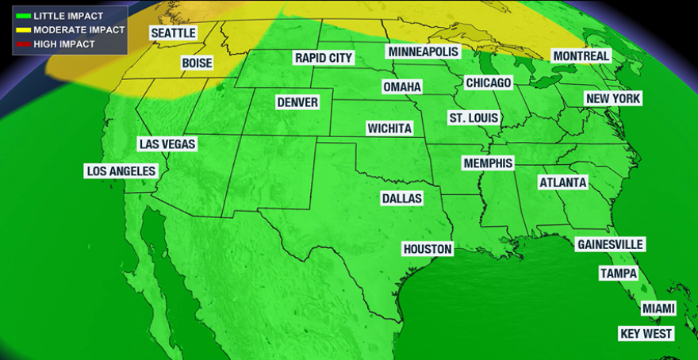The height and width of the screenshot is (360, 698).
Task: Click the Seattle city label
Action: click(173, 33)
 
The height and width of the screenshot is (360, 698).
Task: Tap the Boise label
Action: click(197, 63)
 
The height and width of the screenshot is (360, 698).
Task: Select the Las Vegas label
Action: click(167, 144)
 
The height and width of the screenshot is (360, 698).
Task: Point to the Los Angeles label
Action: click(121, 171)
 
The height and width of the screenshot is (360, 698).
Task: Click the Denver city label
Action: click(297, 102)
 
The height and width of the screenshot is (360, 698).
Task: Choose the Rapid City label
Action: click(323, 58)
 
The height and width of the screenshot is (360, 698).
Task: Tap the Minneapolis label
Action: click(423, 52)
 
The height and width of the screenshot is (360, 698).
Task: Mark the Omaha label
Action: click(401, 86)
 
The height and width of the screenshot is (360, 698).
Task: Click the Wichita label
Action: click(389, 128)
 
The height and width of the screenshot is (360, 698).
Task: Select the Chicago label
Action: click(488, 82)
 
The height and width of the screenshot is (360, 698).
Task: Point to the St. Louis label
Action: click(474, 118)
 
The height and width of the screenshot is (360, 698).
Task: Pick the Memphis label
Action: click(488, 163)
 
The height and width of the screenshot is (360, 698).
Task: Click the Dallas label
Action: click(401, 197)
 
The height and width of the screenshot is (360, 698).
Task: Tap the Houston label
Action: click(428, 249)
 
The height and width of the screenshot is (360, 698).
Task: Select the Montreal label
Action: click(581, 56)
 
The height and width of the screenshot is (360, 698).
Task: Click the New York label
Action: click(613, 98)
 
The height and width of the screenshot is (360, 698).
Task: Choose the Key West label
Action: click(646, 334)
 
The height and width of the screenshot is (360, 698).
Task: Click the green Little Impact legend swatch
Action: click(24, 16)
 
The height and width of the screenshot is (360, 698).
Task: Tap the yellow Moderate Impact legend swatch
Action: click(24, 30)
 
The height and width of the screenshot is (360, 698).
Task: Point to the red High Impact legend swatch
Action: click(24, 44)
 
